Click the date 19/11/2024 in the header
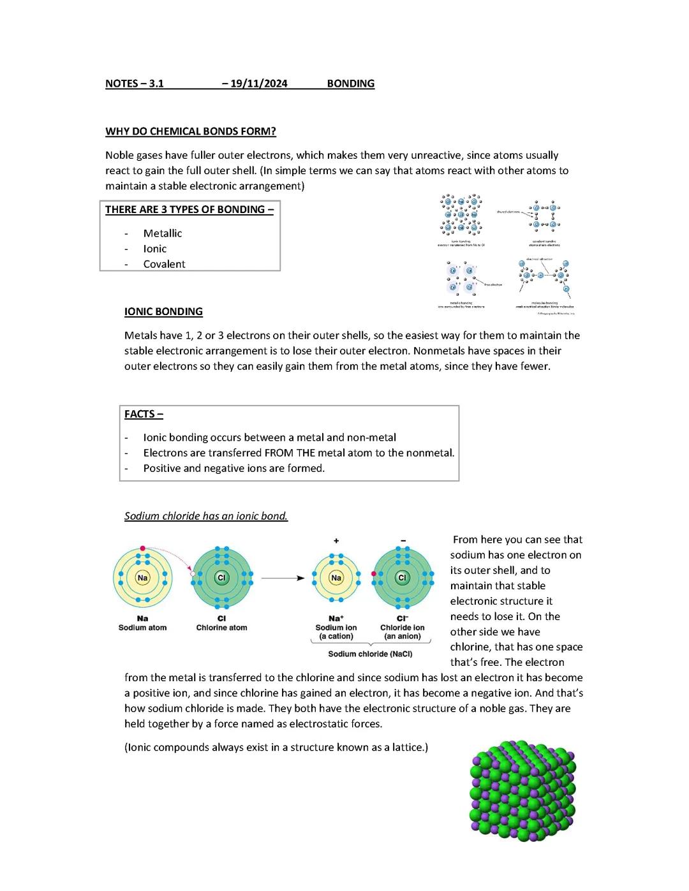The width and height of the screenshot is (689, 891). pos(258,84)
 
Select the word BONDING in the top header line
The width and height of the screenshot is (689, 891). pos(350,84)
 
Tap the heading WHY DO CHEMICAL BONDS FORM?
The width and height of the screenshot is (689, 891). pos(190,131)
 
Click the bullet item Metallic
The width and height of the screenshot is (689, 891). pos(163,233)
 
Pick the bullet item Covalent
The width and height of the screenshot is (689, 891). pos(164,264)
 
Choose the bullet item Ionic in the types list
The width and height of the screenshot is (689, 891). pos(154,249)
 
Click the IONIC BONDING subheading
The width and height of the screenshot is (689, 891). pos(163,312)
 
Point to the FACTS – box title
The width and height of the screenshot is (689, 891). pos(144,415)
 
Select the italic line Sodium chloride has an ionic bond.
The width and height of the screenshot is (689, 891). pos(206,516)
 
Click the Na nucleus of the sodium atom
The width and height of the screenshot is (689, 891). pos(142,578)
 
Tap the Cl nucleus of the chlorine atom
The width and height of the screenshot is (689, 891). pos(221,578)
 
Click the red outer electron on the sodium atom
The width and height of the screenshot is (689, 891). pos(143,548)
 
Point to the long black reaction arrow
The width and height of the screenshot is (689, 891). pos(283,578)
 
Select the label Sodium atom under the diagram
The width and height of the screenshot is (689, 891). pos(142,628)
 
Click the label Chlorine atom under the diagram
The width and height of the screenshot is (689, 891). pos(221,628)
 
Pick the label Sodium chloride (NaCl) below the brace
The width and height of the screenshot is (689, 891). pos(370,654)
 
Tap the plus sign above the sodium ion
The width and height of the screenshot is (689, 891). pos(336,541)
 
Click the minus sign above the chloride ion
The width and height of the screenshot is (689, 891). pos(403,541)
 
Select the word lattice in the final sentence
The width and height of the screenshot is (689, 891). pos(404,747)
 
